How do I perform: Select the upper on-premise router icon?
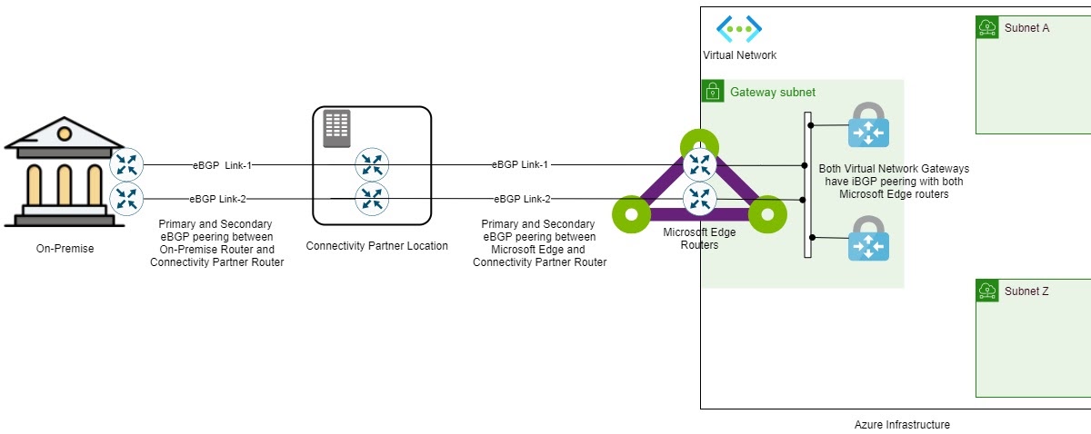pyautogui.click(x=126, y=165)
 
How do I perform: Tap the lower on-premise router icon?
pyautogui.click(x=126, y=198)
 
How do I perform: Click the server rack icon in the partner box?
pyautogui.click(x=336, y=129)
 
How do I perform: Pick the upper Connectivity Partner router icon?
pyautogui.click(x=372, y=165)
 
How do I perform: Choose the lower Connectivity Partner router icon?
pyautogui.click(x=372, y=198)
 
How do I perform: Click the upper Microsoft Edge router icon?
pyautogui.click(x=699, y=164)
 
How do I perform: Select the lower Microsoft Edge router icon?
pyautogui.click(x=699, y=198)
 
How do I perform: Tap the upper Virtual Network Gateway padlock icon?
pyautogui.click(x=868, y=125)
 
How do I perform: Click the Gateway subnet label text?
pyautogui.click(x=773, y=93)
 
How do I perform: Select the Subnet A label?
pyautogui.click(x=1027, y=28)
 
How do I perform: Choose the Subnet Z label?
pyautogui.click(x=1027, y=291)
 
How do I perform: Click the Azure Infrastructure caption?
pyautogui.click(x=902, y=424)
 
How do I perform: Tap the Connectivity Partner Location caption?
pyautogui.click(x=376, y=246)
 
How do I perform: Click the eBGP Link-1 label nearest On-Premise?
pyautogui.click(x=222, y=165)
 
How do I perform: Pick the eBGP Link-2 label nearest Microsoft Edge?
pyautogui.click(x=522, y=199)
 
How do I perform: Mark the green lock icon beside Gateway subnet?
pyautogui.click(x=713, y=92)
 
